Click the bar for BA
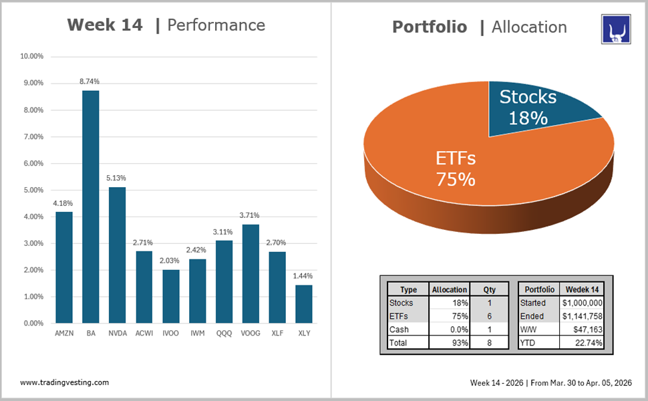[x=90, y=207]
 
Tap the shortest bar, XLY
[x=304, y=304]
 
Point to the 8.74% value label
[x=90, y=82]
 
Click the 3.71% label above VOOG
[x=250, y=215]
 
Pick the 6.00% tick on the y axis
[x=32, y=163]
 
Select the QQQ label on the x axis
[x=224, y=333]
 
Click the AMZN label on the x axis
[x=63, y=333]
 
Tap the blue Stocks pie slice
[x=534, y=110]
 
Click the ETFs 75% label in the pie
[x=455, y=168]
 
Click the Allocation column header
[x=450, y=289]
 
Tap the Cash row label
[x=399, y=329]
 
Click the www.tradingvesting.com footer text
[x=65, y=382]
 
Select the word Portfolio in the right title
[x=430, y=27]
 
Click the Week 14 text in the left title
[x=105, y=25]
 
